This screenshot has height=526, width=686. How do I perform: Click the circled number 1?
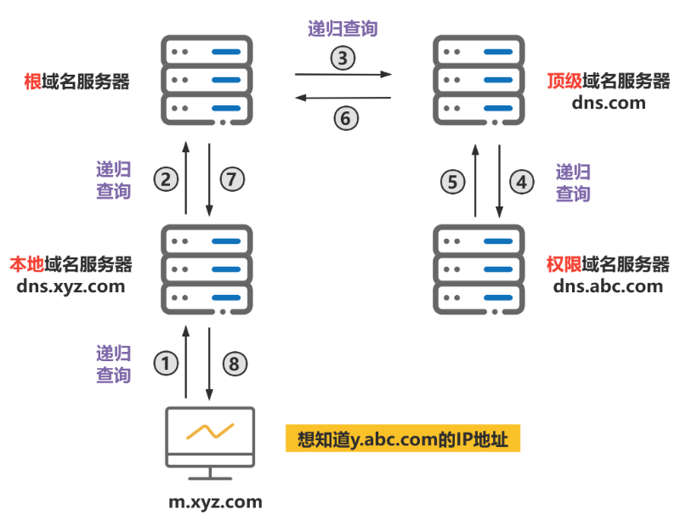coord(166,364)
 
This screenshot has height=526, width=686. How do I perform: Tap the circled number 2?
coord(166,178)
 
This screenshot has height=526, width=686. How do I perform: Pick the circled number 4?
coord(521,181)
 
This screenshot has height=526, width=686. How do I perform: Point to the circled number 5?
coord(453,181)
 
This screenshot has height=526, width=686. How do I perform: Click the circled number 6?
coord(343,118)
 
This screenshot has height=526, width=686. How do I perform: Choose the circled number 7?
coord(231,178)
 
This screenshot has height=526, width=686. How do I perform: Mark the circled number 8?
coord(235,364)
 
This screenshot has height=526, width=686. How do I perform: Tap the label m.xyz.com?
coord(214,502)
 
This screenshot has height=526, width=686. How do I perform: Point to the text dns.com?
coord(609,103)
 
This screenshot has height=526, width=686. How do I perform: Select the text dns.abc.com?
coord(608,286)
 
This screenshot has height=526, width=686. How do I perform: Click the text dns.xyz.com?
coord(71,286)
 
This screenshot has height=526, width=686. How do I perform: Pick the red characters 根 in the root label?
coord(34,82)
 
